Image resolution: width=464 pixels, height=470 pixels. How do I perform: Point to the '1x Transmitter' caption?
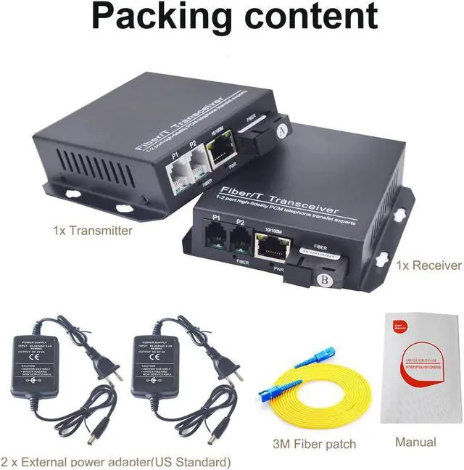92,231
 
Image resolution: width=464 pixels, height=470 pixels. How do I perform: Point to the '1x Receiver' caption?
428,265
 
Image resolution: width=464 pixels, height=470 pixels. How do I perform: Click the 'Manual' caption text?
415,442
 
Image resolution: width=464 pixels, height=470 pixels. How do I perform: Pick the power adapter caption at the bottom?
116,461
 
